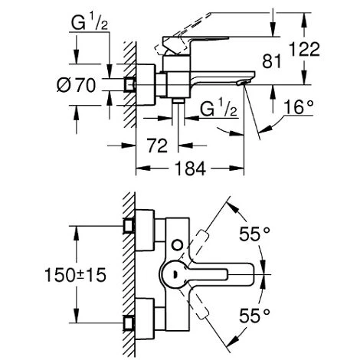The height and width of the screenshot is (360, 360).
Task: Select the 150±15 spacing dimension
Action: click(x=38, y=273)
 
